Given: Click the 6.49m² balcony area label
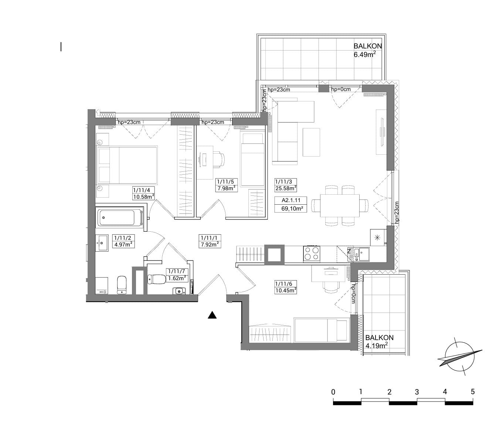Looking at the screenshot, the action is (x=364, y=54).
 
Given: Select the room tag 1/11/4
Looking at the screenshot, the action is (x=142, y=190).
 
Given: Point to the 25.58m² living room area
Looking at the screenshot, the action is (x=286, y=188).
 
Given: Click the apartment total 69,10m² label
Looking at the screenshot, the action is (x=292, y=208).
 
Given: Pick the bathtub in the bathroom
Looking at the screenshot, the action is (x=120, y=218).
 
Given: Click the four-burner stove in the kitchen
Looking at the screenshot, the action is (x=312, y=254).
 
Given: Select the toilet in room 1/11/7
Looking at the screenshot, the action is (x=156, y=279).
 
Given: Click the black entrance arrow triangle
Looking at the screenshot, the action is (x=212, y=315).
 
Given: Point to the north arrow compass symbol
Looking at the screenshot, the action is (x=459, y=357).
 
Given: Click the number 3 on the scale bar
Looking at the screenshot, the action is (x=417, y=392).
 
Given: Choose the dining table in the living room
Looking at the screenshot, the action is (x=340, y=205).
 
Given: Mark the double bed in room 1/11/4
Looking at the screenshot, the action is (x=127, y=165).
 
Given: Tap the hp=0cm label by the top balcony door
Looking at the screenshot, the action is (x=341, y=89).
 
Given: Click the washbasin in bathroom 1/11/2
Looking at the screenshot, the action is (x=102, y=243).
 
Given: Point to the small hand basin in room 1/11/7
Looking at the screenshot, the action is (x=179, y=291).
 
